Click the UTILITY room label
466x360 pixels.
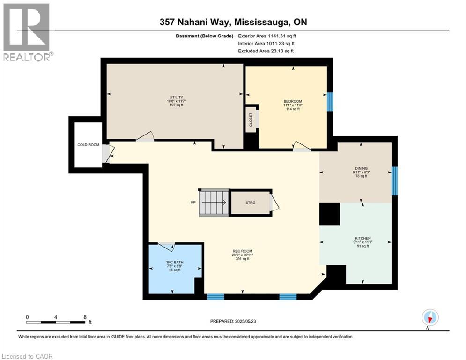[x=176, y=97]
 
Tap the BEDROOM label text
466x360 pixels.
[x=293, y=101]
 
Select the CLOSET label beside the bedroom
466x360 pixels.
[x=251, y=120]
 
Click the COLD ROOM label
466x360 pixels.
[x=88, y=145]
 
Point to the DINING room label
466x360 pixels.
[x=361, y=168]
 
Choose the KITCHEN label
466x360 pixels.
[x=363, y=238]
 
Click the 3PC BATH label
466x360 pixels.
[x=175, y=262]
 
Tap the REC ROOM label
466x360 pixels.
[x=243, y=251]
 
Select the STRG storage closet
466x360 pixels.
[x=251, y=202]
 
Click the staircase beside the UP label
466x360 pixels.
[x=214, y=202]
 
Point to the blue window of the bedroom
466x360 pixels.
[x=330, y=102]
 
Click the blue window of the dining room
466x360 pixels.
[x=394, y=181]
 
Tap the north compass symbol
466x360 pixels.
[x=430, y=317]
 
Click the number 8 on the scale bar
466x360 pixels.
[x=85, y=317]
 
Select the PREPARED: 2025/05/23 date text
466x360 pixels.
[x=233, y=321]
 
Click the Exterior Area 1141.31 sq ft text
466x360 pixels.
[x=267, y=36]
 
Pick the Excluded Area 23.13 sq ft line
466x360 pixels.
[x=266, y=51]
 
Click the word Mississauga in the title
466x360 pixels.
[x=262, y=22]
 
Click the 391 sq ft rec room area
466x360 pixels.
[x=243, y=259]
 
